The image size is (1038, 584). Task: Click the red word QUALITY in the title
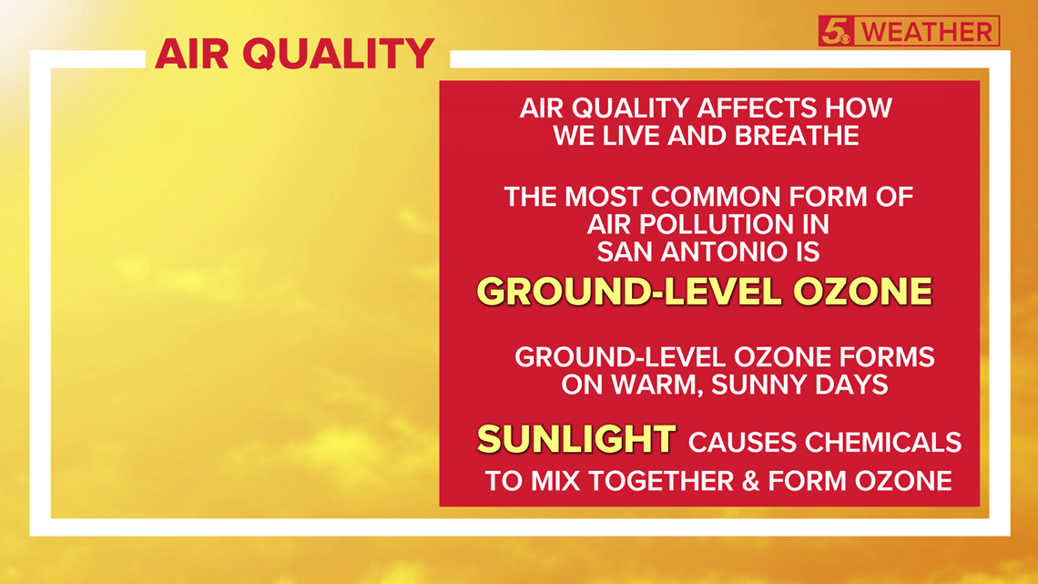[339, 54]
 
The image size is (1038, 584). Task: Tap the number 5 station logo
[836, 31]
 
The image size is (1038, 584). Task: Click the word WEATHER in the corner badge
[928, 32]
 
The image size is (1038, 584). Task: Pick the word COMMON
[717, 197]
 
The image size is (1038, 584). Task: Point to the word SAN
[624, 251]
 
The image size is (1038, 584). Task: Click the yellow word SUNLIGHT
[576, 439]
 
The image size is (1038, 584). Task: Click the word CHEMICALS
[883, 442]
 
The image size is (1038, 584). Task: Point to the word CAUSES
[742, 442]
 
